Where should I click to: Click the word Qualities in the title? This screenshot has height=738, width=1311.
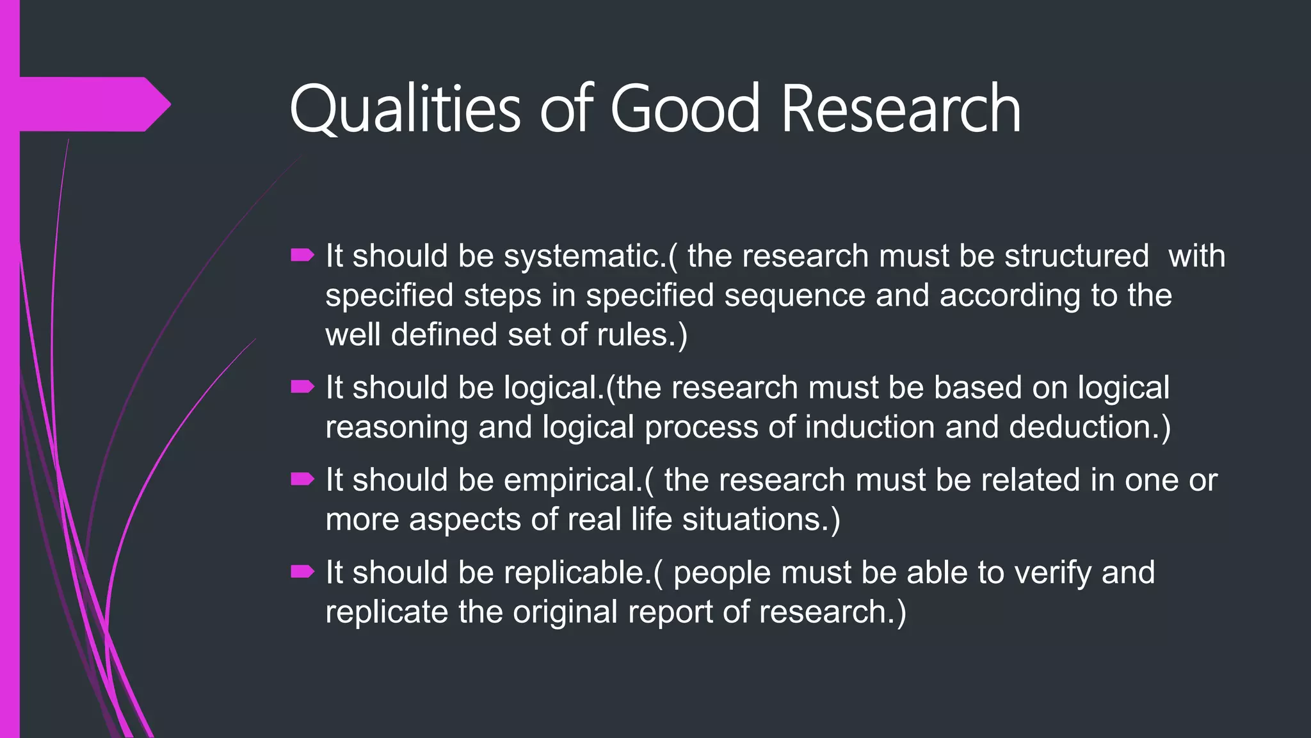tap(405, 109)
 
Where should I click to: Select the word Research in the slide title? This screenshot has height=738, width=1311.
tap(901, 109)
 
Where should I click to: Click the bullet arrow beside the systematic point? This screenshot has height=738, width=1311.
tap(302, 256)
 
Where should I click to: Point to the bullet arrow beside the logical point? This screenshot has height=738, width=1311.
tap(302, 387)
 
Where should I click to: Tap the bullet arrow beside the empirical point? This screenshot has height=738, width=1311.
tap(302, 479)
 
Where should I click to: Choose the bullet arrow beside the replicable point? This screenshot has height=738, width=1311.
tap(302, 571)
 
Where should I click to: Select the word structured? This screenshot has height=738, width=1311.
tap(1076, 256)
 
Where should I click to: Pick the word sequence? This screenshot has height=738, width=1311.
tap(794, 295)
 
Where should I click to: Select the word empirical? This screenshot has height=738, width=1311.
tap(572, 480)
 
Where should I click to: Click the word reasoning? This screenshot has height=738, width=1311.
tap(396, 427)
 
